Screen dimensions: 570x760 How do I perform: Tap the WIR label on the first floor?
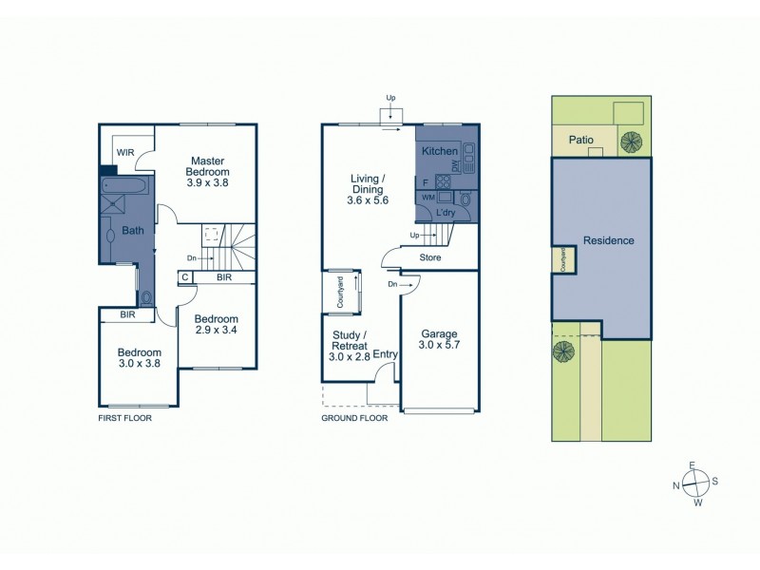[x=125, y=152]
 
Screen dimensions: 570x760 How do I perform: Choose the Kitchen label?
[x=440, y=151]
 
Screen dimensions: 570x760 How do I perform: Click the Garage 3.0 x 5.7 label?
[x=440, y=340]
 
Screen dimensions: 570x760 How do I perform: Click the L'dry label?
[x=446, y=214]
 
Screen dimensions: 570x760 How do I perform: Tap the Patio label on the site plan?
[x=581, y=140]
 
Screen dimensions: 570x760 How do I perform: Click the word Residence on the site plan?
[x=608, y=240]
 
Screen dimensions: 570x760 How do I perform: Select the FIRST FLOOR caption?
[x=124, y=417]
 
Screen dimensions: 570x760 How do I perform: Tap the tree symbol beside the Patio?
[x=630, y=142]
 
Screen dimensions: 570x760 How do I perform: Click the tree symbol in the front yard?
[x=563, y=351]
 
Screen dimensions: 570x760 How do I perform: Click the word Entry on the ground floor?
[x=385, y=354]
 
